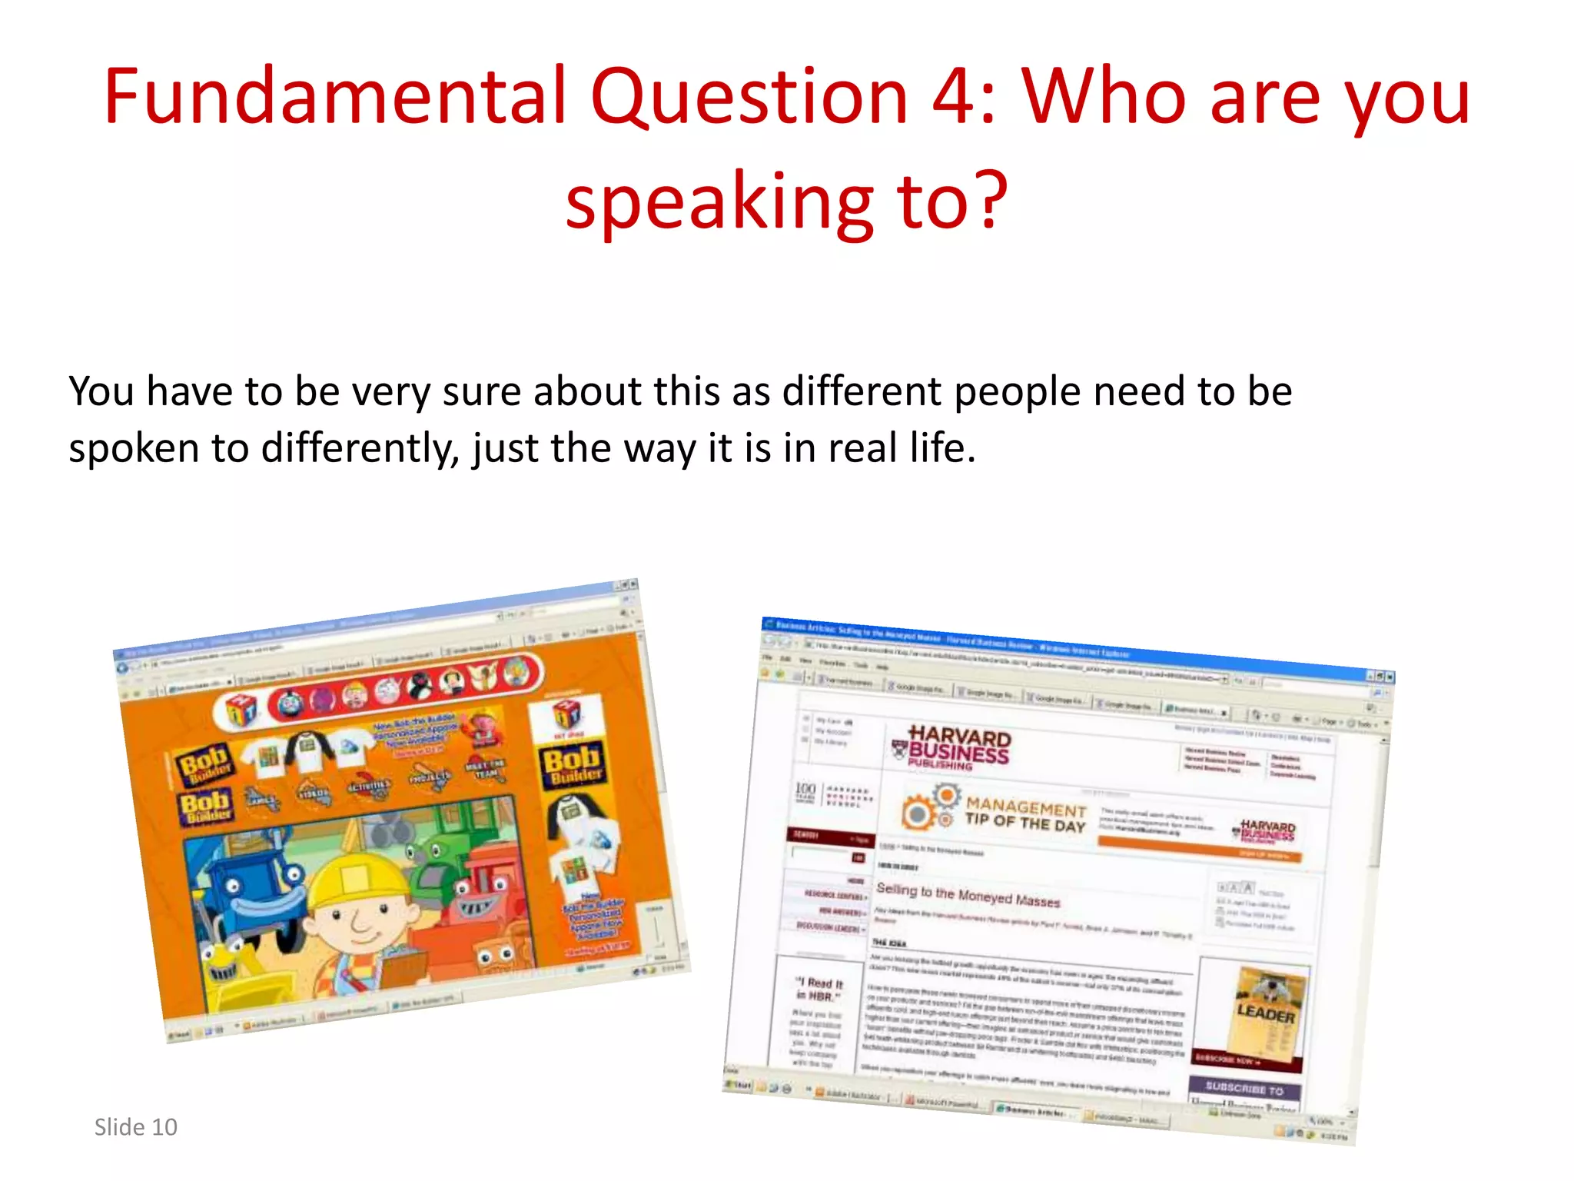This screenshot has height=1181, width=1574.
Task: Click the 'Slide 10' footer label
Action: coord(135,1127)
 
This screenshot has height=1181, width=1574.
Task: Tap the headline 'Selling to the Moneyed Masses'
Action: coord(968,895)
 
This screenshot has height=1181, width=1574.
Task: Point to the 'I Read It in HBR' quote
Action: coord(819,990)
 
